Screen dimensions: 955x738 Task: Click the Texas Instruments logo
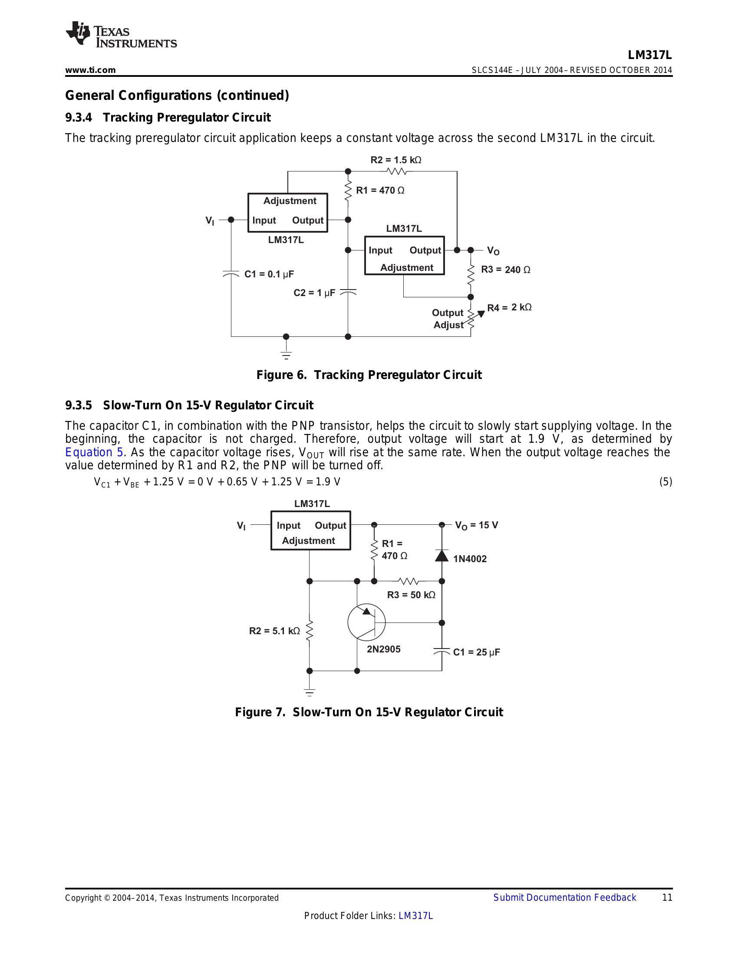coord(121,34)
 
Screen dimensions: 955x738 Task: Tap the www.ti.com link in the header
coord(90,70)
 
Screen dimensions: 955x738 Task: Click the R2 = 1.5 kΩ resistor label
coord(395,160)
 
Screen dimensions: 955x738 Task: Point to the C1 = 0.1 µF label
coord(269,274)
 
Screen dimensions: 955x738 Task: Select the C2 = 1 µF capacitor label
coord(314,293)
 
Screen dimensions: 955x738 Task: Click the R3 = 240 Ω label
coord(505,270)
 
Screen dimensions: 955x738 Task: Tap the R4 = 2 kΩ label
coord(509,307)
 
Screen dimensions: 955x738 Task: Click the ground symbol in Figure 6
coord(286,355)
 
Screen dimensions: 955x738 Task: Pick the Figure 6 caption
coord(369,375)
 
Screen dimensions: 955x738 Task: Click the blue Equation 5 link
coord(94,452)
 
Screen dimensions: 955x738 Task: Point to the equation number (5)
coord(666,482)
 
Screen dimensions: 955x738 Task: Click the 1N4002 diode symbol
coord(441,556)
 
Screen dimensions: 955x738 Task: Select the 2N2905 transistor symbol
coord(366,622)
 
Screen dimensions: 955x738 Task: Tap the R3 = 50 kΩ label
coord(411,595)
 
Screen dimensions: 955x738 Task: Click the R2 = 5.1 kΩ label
coord(274,631)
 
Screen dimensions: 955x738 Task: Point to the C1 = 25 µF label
coord(476,652)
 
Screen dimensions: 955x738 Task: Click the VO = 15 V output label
coord(476,525)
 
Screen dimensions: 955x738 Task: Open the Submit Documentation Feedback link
coord(564,897)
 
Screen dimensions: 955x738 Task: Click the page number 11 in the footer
coord(667,897)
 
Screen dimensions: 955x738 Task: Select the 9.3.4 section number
coord(79,118)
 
